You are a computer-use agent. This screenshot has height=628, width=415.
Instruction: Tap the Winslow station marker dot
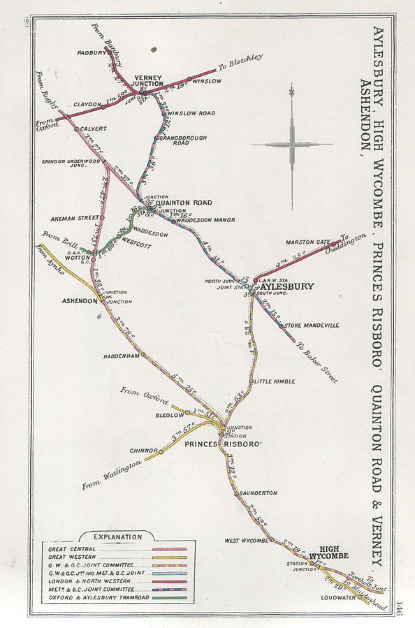tap(189, 79)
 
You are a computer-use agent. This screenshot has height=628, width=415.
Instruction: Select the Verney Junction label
tap(145, 80)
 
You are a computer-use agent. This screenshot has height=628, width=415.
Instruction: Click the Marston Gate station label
tap(308, 242)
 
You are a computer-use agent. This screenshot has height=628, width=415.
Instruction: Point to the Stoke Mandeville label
tap(312, 325)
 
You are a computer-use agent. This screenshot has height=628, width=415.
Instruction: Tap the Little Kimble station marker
tap(251, 381)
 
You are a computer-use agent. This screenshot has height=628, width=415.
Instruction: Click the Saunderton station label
tap(259, 493)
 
